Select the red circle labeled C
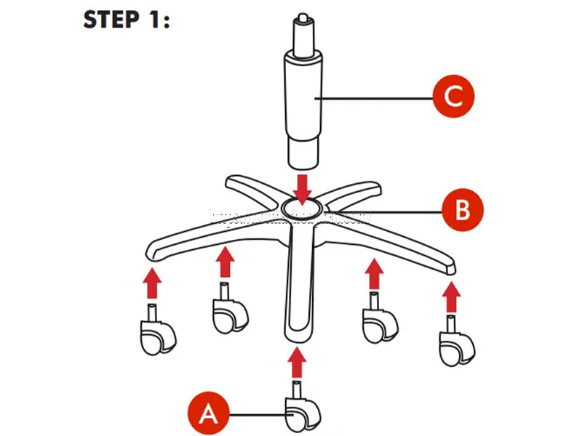pos(453,96)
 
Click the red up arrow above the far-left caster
pos(151,284)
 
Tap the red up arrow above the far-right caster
pos(452,298)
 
